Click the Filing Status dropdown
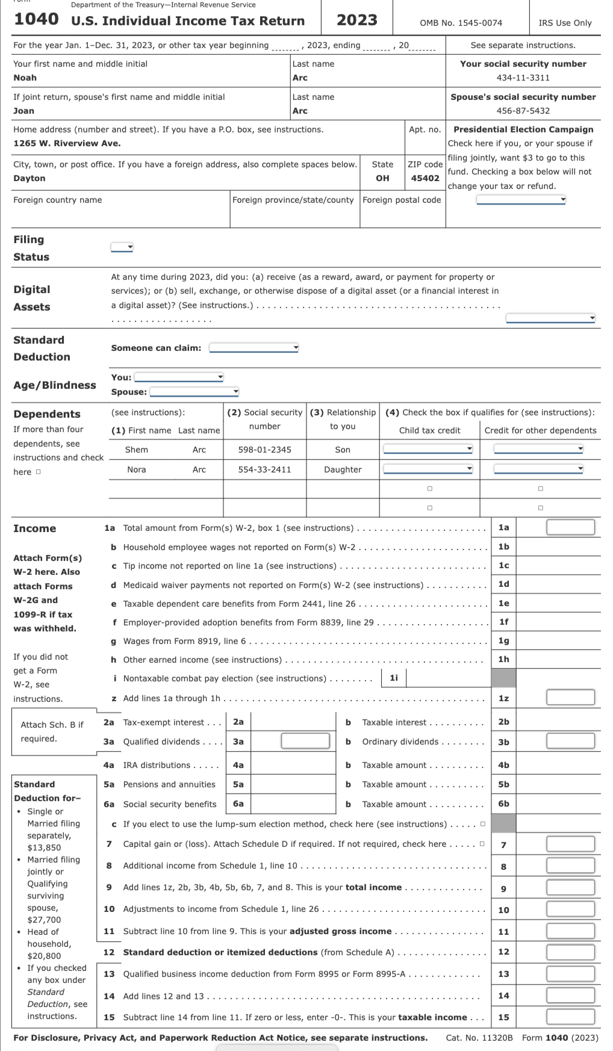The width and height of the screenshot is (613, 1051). click(x=122, y=247)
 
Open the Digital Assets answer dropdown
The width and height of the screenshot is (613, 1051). click(x=550, y=318)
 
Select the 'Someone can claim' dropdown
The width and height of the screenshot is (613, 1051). click(x=254, y=347)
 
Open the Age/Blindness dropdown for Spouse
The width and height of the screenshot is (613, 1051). click(x=194, y=392)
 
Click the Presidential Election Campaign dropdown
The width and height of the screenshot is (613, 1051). click(x=521, y=200)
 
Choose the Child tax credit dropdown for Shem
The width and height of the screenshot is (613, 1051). click(x=428, y=449)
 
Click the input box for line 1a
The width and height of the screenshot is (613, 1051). click(x=570, y=527)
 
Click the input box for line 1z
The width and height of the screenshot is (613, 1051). click(x=570, y=698)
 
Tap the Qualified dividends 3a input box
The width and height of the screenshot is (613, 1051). click(x=305, y=741)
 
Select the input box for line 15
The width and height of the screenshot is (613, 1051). click(x=570, y=1017)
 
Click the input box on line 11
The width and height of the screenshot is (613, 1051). click(x=570, y=931)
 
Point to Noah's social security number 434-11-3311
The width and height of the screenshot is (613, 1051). click(x=523, y=78)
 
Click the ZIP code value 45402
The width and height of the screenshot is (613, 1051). click(x=425, y=178)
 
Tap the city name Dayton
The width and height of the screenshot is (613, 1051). click(x=30, y=178)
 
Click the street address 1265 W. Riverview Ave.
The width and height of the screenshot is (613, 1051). click(x=67, y=143)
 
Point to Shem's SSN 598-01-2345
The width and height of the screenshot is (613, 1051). click(x=264, y=450)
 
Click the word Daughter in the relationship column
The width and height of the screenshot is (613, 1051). click(x=343, y=470)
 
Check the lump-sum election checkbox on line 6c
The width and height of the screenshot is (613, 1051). click(x=483, y=824)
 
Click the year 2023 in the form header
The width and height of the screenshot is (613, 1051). click(x=356, y=20)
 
